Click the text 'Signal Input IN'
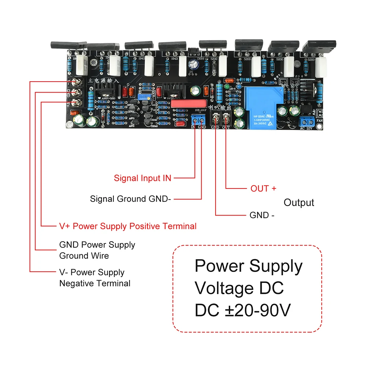point(142,178)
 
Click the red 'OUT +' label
point(263,189)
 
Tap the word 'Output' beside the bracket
point(299,203)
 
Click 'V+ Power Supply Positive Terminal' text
point(128,226)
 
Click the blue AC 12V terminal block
point(307,121)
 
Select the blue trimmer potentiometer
point(142,97)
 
